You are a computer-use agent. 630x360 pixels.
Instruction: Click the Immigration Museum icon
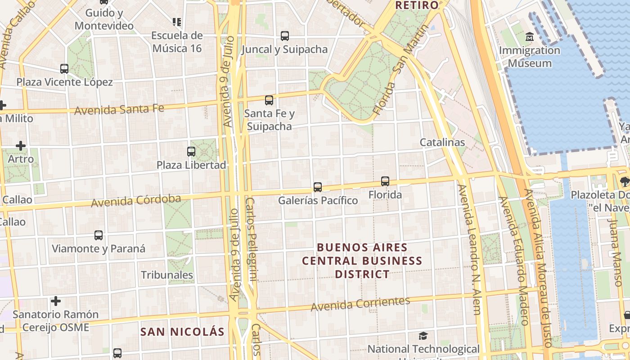point(530,36)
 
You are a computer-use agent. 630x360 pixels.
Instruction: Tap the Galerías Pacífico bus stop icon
point(318,187)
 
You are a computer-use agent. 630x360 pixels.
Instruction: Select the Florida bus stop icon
point(385,181)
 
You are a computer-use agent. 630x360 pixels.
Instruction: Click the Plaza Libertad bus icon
point(191,152)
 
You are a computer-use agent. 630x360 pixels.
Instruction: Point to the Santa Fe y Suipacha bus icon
point(269,100)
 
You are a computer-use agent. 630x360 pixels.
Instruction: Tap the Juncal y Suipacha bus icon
point(284,36)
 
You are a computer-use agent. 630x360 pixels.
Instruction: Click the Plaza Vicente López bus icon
point(64,69)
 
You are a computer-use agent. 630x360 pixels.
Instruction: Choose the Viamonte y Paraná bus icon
point(99,235)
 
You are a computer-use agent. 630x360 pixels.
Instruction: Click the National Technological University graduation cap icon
point(423,336)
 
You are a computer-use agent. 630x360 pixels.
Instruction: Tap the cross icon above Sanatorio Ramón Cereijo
point(56,301)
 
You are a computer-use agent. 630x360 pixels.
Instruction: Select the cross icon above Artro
point(21,146)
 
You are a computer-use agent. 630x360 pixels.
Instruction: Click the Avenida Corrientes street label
point(360,304)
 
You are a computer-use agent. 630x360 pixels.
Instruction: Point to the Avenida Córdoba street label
point(136,201)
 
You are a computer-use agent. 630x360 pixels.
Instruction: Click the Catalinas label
point(442,142)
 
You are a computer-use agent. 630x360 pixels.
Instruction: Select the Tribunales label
point(167,275)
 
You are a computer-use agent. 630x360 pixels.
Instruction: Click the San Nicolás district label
point(182,332)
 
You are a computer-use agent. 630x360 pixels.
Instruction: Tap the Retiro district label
point(416,5)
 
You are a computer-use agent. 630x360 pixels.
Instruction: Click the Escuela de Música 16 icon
point(177,22)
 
